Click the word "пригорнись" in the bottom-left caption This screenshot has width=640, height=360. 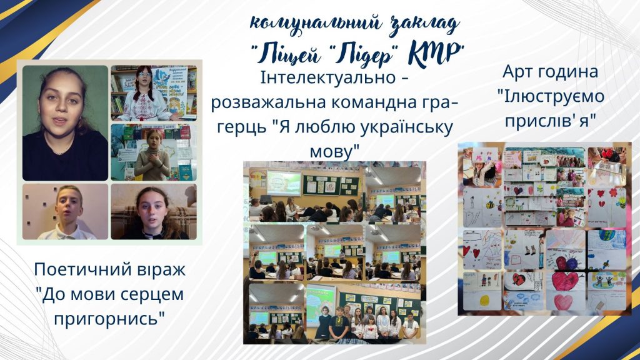[x=109, y=319]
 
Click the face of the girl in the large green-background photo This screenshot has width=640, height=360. [x=59, y=99]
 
